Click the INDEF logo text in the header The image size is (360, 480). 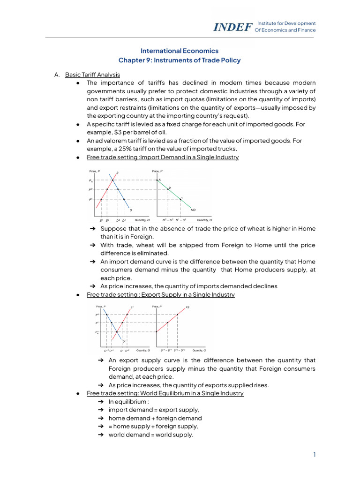point(232,27)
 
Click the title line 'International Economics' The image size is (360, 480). point(180,51)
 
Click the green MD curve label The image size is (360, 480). point(193,210)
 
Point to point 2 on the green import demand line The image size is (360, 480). point(170,188)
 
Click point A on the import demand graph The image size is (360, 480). point(160,180)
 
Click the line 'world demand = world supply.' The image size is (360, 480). point(150,435)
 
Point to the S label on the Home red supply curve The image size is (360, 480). point(117,173)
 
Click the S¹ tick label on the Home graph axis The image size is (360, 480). point(101,220)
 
